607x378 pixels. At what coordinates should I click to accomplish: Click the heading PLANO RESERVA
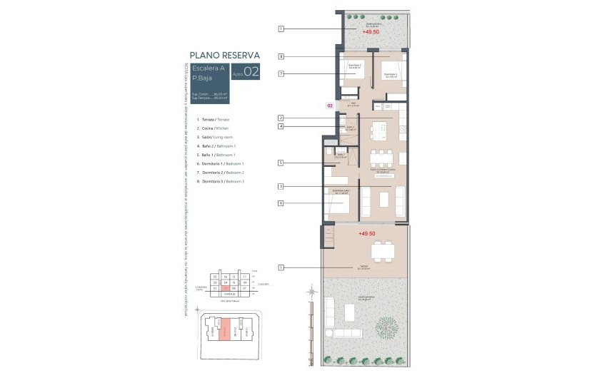click(224, 54)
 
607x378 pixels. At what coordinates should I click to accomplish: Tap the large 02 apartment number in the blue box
click(251, 71)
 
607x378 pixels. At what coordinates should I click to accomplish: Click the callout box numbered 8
click(281, 56)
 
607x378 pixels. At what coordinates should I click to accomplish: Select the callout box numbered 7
click(281, 73)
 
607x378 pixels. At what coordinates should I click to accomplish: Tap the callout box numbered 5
click(281, 163)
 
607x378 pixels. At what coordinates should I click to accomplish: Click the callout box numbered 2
click(281, 118)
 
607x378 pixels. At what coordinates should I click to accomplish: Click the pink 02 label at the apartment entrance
click(330, 106)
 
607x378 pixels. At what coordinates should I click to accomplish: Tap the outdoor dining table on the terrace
click(381, 250)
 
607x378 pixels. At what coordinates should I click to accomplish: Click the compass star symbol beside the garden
click(311, 290)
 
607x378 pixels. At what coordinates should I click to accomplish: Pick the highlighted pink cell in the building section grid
click(226, 288)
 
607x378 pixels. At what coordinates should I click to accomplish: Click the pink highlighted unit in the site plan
click(225, 331)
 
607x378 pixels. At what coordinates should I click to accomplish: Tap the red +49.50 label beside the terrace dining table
click(366, 233)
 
